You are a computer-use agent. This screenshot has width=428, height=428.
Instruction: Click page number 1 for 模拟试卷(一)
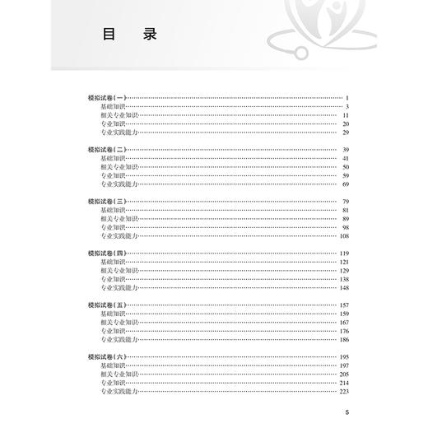pos(348,98)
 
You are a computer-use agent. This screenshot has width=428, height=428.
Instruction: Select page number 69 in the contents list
pos(346,184)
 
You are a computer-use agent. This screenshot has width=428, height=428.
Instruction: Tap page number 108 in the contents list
pos(344,235)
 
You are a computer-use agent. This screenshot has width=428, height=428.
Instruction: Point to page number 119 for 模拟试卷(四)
pos(344,253)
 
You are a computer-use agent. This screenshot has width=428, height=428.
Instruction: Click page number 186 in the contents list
pos(344,338)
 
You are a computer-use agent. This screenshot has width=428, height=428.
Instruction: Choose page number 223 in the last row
pos(344,390)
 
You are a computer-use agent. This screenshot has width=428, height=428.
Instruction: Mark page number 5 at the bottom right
pos(348,413)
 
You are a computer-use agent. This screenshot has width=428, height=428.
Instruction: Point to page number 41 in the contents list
pos(346,158)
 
